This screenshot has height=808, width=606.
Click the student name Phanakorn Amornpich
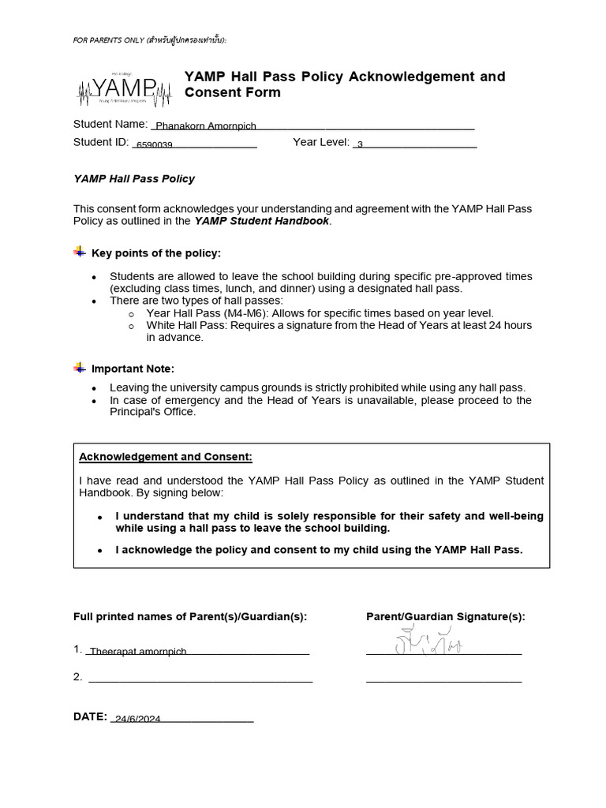(205, 126)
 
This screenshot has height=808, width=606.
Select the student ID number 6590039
(155, 145)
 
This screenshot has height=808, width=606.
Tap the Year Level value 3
(360, 144)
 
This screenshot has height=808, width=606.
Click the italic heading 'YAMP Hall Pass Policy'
(134, 179)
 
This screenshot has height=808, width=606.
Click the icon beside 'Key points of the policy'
(80, 252)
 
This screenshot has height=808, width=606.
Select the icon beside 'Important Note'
(80, 368)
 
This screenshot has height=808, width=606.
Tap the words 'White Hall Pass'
(183, 325)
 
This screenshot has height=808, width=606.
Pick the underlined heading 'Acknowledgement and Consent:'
(166, 457)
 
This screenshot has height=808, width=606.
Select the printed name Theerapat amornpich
(138, 652)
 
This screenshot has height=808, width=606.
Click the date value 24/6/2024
(137, 719)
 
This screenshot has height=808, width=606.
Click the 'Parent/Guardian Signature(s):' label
(445, 616)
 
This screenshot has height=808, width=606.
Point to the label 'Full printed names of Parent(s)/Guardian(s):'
(190, 616)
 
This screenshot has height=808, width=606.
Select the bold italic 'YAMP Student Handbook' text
(261, 221)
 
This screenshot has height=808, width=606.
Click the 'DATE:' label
(90, 716)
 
